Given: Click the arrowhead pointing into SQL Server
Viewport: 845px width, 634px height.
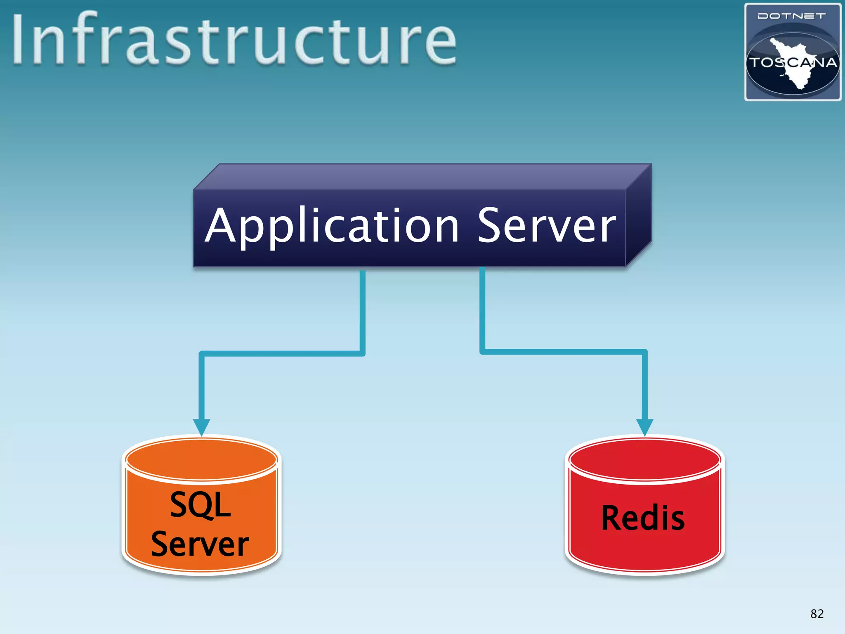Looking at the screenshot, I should pyautogui.click(x=201, y=427).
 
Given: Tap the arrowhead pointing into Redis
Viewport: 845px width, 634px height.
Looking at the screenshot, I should pyautogui.click(x=644, y=427).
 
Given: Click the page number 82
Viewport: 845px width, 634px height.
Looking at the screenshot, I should pyautogui.click(x=817, y=614).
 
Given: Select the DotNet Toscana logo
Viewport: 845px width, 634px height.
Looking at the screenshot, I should pyautogui.click(x=793, y=52).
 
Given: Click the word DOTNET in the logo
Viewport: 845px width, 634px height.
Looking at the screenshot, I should pyautogui.click(x=792, y=16).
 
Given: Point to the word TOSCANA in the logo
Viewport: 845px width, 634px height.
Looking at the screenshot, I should pyautogui.click(x=793, y=63).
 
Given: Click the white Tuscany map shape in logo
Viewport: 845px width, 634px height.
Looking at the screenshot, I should pyautogui.click(x=794, y=74).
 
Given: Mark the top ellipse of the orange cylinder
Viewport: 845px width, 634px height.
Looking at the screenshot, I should pyautogui.click(x=201, y=459).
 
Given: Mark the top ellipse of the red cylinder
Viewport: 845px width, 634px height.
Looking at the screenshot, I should pyautogui.click(x=644, y=459).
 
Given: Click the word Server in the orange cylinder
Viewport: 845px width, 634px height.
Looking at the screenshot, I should pyautogui.click(x=200, y=544).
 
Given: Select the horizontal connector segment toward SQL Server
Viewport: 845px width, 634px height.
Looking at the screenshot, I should pyautogui.click(x=282, y=353).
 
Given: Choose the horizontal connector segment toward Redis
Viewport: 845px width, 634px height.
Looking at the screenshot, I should pyautogui.click(x=563, y=352).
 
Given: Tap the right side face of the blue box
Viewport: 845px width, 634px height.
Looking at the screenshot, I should pyautogui.click(x=638, y=215).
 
